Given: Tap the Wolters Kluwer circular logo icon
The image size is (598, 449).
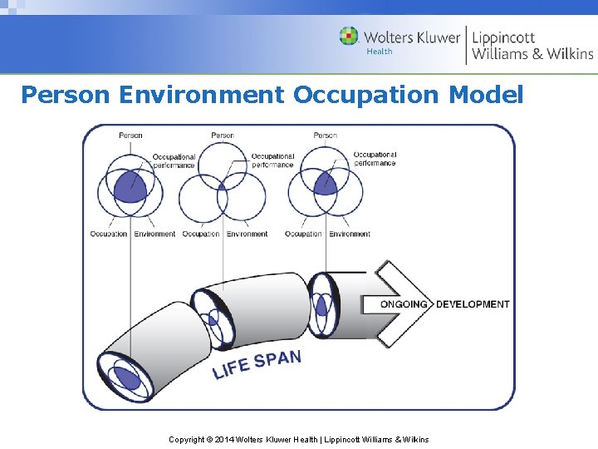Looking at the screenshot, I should [x=349, y=37].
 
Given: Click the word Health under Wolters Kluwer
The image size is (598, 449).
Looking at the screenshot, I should [x=380, y=52].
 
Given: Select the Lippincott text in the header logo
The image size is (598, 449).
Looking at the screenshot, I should [x=504, y=37].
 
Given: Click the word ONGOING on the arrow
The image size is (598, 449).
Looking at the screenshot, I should [x=404, y=304].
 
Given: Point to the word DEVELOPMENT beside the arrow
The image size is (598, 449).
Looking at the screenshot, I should [x=473, y=304].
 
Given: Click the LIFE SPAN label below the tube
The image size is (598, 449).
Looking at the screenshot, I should [x=257, y=364].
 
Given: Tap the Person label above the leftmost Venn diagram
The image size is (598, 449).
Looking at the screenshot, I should [x=130, y=136].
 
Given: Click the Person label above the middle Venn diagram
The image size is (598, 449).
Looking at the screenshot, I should [x=223, y=136].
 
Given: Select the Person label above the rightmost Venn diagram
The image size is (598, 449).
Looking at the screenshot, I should [x=325, y=136].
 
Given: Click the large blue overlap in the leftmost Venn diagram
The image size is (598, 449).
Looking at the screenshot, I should [x=130, y=186].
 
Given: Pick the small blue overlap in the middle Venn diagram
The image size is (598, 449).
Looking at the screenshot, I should [x=222, y=186].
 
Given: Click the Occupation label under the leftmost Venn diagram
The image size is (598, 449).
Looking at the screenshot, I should [x=108, y=234].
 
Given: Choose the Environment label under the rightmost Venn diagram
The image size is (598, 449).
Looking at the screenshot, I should [x=350, y=234].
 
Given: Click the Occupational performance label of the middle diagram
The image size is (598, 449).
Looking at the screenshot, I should [x=272, y=160].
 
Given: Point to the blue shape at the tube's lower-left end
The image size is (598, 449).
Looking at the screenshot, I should [x=126, y=377].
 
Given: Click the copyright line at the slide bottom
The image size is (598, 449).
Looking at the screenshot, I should [x=299, y=439].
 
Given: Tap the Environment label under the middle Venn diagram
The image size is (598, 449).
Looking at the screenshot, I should [x=247, y=234].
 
